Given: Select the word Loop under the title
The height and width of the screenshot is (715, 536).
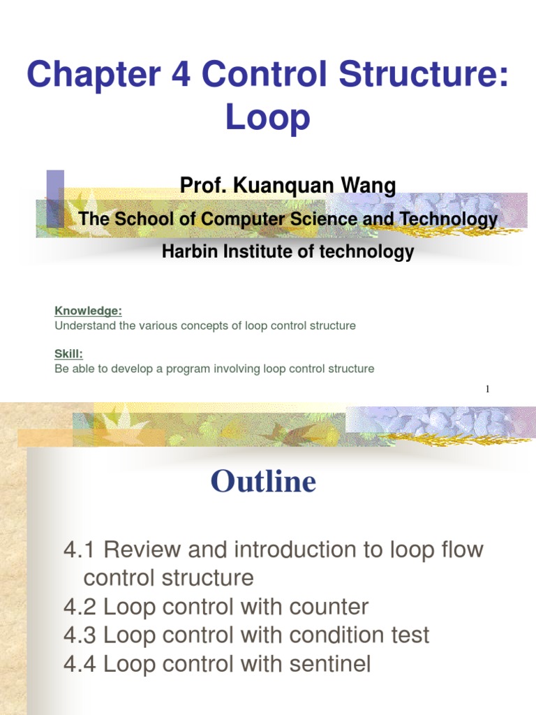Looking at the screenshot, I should pos(268,117).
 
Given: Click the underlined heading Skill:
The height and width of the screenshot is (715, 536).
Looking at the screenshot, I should pos(68,354).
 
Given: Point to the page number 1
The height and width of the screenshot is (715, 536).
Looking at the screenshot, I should pos(488,389).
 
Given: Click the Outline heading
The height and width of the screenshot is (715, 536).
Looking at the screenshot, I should pos(263,481).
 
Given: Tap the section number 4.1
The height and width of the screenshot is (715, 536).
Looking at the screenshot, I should pos(80,550).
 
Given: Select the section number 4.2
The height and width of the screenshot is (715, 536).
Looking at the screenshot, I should pos(80,607).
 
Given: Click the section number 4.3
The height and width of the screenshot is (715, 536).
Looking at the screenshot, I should pos(80,635).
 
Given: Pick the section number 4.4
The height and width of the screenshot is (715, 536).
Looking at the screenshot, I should pos(80,664).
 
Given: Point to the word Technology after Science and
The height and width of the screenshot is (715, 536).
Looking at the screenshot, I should pos(449,219).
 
